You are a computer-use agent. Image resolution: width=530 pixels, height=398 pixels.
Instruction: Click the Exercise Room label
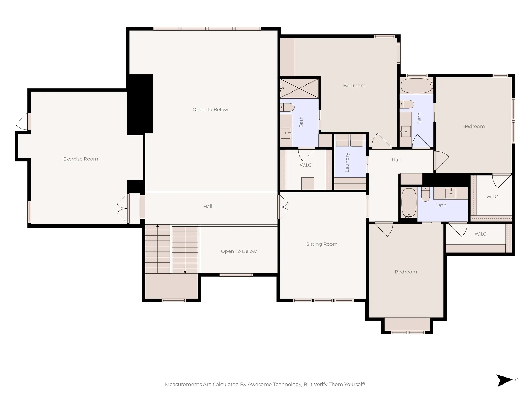point(80,159)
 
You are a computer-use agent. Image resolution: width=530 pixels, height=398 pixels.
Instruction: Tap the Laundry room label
point(347,162)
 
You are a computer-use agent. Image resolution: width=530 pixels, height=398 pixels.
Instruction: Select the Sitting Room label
point(322,244)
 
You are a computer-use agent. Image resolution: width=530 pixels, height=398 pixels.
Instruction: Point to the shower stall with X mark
point(299,89)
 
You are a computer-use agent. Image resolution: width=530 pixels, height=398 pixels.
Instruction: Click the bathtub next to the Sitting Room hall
point(409,203)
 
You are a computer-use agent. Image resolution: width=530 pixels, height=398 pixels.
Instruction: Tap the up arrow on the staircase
point(158,226)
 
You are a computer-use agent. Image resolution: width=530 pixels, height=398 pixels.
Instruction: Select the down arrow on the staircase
point(185,272)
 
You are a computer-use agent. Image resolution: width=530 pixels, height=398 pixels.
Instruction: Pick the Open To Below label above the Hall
point(210,110)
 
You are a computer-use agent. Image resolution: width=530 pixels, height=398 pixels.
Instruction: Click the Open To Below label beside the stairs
point(239,251)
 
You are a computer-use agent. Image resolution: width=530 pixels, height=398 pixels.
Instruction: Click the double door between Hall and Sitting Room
point(283,207)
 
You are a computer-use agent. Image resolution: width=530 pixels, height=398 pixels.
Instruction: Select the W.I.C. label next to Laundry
point(306,165)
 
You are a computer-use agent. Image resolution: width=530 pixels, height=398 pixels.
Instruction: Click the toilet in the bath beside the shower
point(287,107)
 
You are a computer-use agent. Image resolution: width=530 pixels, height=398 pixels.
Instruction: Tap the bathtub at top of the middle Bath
point(416,86)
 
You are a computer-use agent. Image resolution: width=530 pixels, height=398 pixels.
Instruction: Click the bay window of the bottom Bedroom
point(407,332)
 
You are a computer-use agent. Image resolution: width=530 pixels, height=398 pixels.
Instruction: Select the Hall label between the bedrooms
point(396,160)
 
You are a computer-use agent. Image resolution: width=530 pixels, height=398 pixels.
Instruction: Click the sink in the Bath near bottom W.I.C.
point(451,193)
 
